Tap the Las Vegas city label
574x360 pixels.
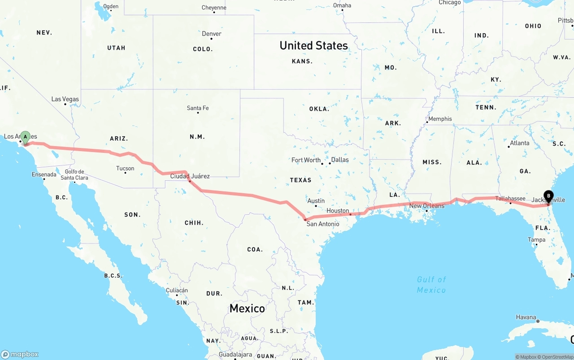[x=65, y=99]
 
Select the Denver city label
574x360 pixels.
[x=212, y=34]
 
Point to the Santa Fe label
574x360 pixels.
[x=198, y=108]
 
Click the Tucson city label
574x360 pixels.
[x=125, y=169]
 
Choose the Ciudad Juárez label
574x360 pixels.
[x=190, y=176]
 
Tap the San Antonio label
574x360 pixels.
[x=322, y=224]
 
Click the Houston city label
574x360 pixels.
[x=338, y=211]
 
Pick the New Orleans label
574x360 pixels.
[x=427, y=206]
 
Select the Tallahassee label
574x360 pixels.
[x=510, y=199]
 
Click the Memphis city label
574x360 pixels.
[x=440, y=119]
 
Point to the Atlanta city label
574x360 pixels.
[x=519, y=143]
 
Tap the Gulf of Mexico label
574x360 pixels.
[x=431, y=285]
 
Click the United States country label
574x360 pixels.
[x=313, y=45]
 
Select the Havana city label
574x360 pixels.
[x=526, y=317]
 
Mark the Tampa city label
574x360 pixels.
[x=536, y=239]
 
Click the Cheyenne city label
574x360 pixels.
[x=214, y=8]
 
